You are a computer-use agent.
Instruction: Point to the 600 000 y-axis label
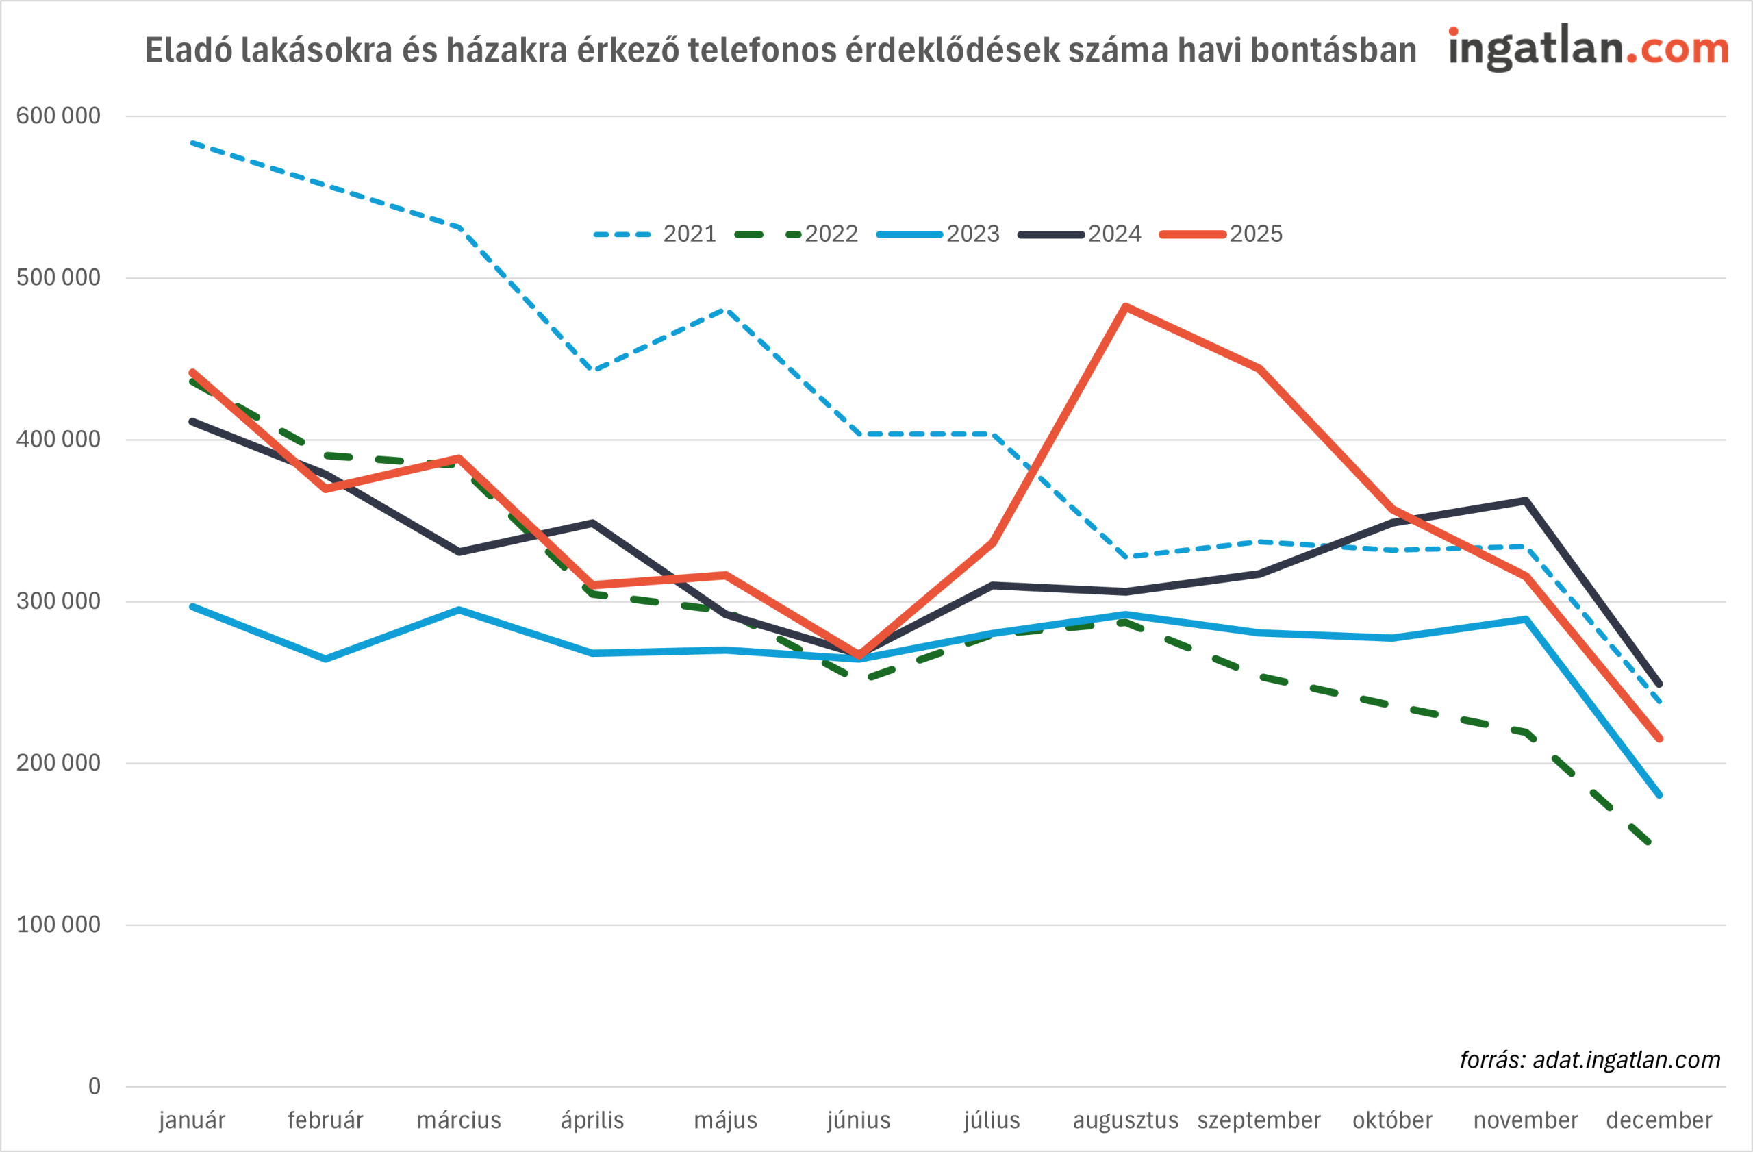[58, 116]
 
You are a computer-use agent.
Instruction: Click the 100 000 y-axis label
[58, 925]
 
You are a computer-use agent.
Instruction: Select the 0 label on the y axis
[94, 1086]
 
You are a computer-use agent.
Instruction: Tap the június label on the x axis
[859, 1120]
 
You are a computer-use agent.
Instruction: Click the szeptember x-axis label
[1259, 1120]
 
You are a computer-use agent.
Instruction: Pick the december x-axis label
[1659, 1120]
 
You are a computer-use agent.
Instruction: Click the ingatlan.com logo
[1588, 49]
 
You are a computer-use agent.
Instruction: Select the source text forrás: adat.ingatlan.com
[1589, 1060]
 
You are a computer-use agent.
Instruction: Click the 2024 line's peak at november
[1526, 501]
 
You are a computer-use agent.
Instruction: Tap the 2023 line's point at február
[325, 658]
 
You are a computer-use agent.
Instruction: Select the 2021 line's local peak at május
[725, 310]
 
